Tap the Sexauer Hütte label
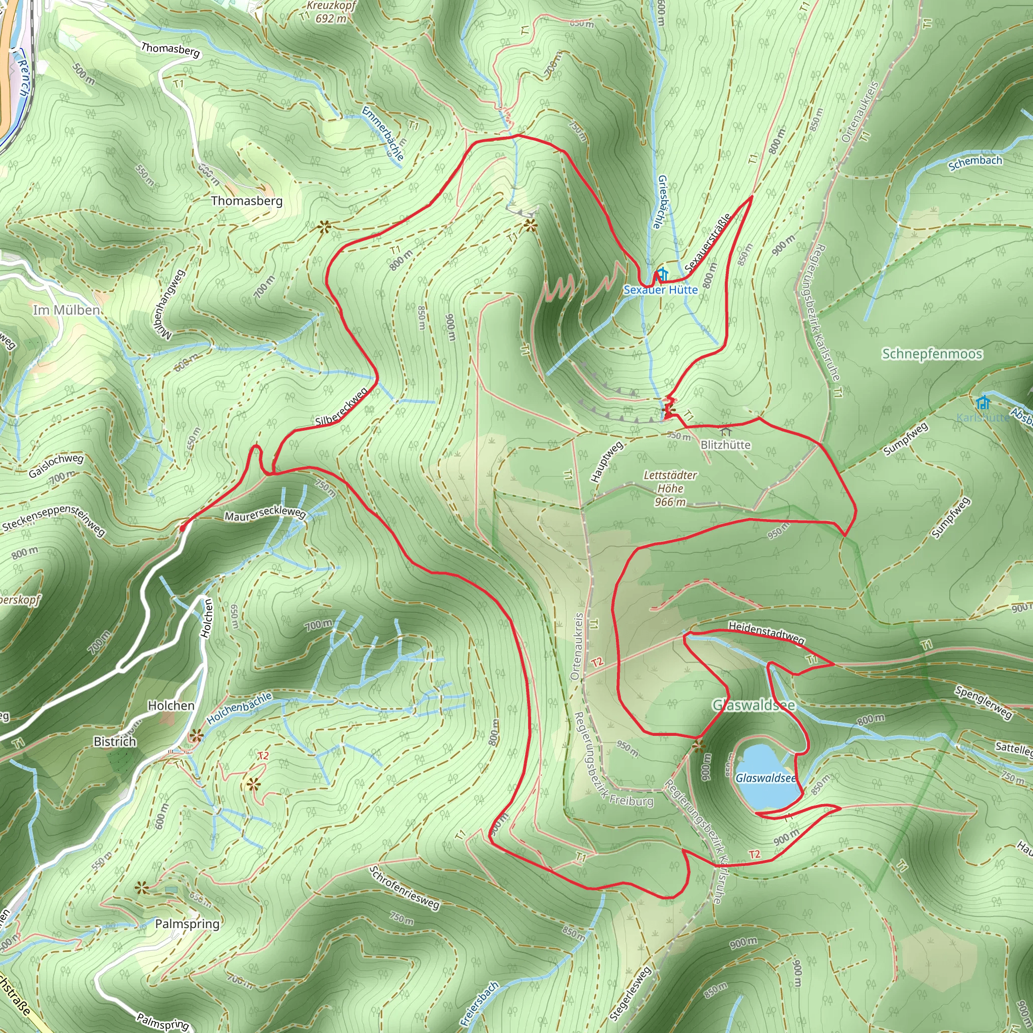[x=661, y=290]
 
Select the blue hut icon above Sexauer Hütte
[x=662, y=274]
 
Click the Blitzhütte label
[x=725, y=445]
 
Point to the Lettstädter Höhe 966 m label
[x=670, y=488]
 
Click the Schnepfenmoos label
[x=932, y=354]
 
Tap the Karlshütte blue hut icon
[x=983, y=402]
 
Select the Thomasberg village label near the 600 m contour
[x=247, y=201]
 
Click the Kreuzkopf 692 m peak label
[x=331, y=12]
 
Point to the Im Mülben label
[x=66, y=310]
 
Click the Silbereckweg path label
[x=341, y=408]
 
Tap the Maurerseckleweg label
[x=265, y=514]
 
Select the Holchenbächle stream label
[x=240, y=709]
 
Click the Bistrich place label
[x=115, y=741]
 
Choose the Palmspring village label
[x=187, y=924]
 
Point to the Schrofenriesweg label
[x=404, y=887]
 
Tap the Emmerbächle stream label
[x=383, y=133]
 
